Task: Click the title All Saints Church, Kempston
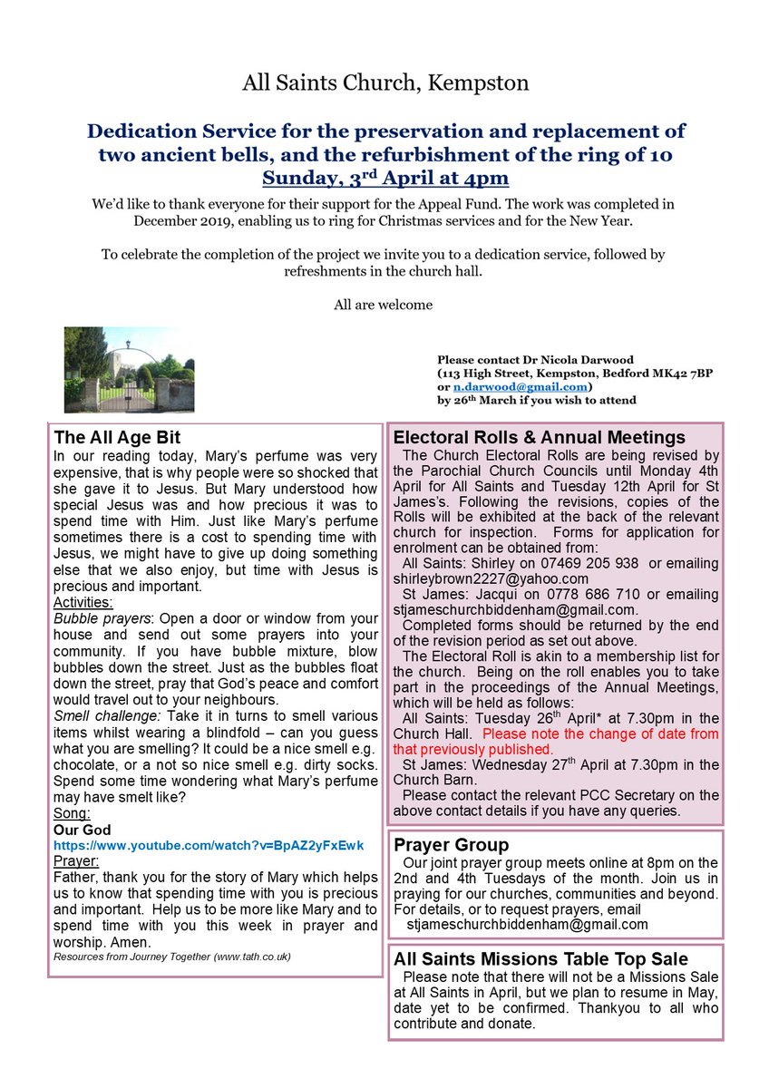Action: [385, 84]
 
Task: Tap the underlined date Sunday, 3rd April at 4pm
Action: [385, 177]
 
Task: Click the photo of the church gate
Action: [129, 370]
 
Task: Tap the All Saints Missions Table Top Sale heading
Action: [540, 958]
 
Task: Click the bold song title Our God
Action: [82, 830]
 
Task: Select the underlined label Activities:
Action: [84, 602]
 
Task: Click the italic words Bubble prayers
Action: [101, 618]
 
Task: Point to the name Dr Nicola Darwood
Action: [555, 359]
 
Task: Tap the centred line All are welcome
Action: [384, 305]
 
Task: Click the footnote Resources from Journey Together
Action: [172, 957]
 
